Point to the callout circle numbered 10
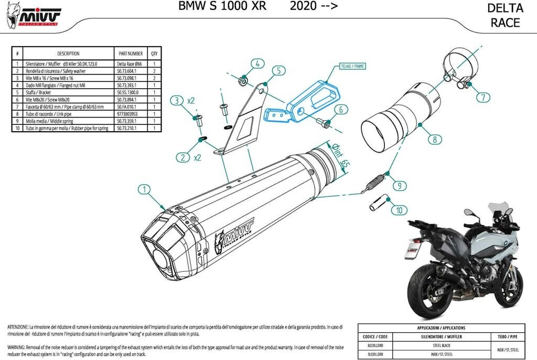click(x=400, y=210)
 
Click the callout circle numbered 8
click(x=434, y=140)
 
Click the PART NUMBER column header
click(x=131, y=54)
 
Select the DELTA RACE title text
click(x=505, y=15)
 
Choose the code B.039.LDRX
click(x=375, y=355)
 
